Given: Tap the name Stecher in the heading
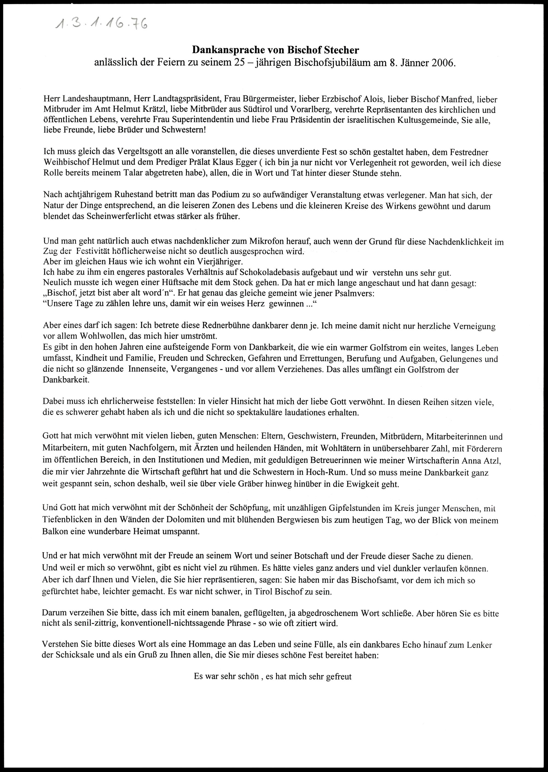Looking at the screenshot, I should coord(341,50).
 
